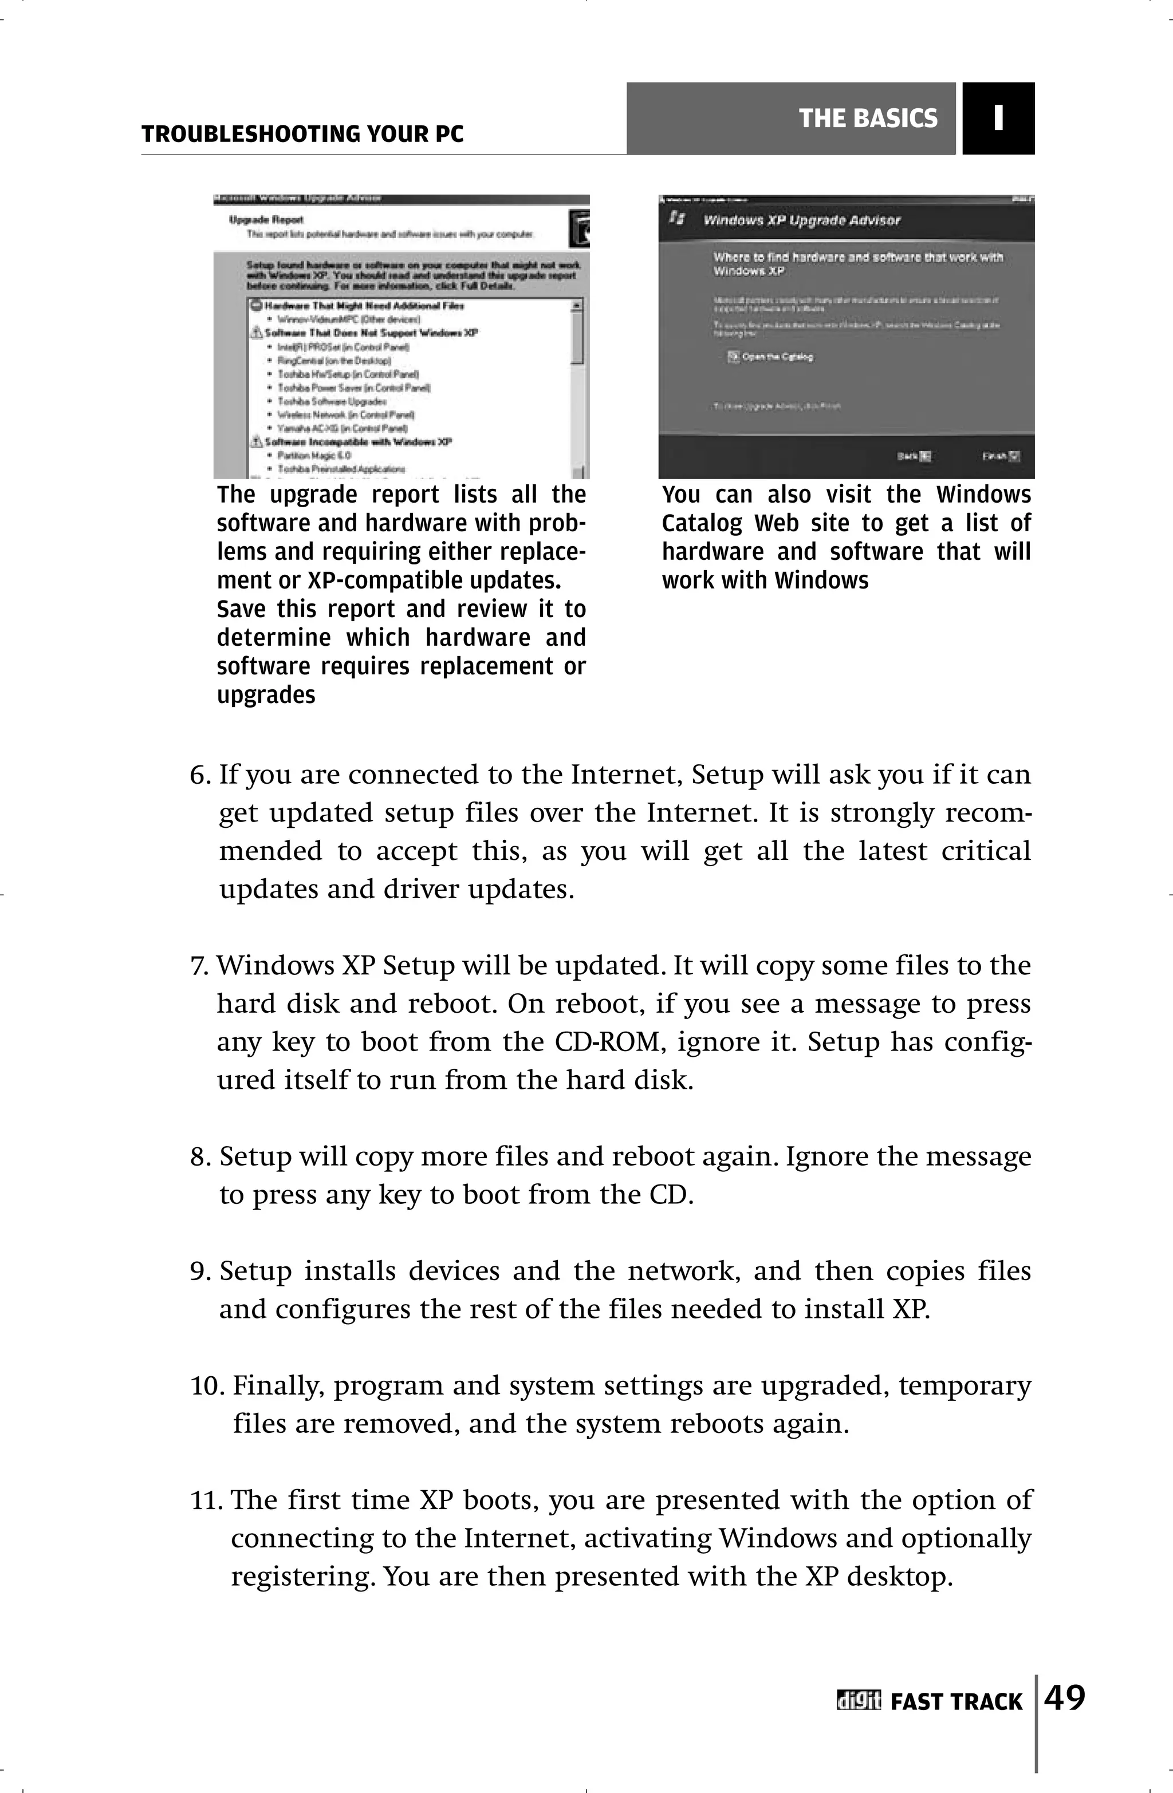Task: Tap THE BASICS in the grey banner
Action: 868,119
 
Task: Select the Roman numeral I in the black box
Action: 998,119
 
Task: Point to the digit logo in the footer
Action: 858,1701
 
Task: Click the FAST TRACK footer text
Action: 956,1703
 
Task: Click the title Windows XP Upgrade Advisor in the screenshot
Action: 801,221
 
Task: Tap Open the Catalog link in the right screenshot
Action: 777,357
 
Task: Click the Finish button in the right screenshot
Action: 1001,456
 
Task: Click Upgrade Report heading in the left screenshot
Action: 266,220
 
